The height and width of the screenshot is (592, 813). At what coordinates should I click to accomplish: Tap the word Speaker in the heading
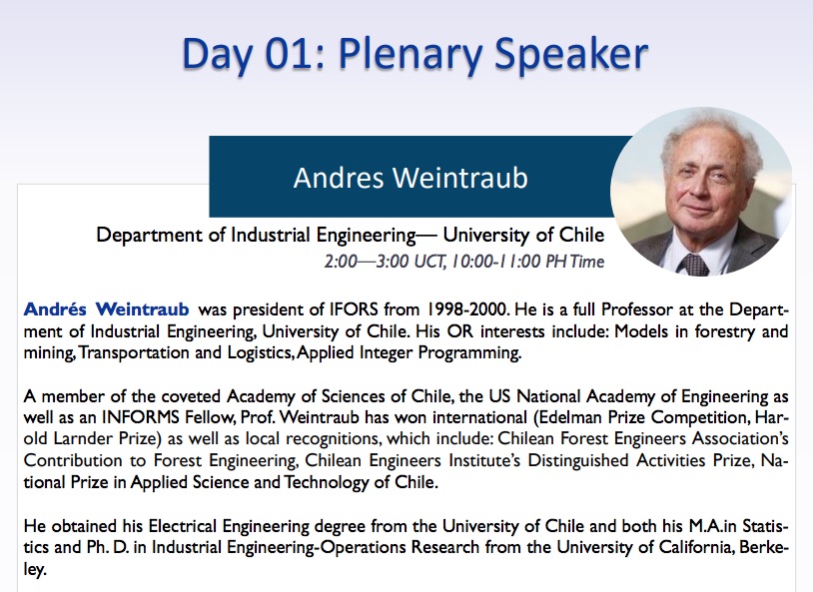click(571, 54)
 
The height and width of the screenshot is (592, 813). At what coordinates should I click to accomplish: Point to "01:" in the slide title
click(296, 53)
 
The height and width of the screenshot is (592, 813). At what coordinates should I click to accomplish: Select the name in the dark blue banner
click(410, 178)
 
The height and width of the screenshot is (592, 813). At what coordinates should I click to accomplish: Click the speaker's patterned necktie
click(694, 265)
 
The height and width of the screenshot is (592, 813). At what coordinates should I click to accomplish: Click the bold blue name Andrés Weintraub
click(106, 308)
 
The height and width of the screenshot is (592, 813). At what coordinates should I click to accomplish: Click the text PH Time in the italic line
click(575, 261)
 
